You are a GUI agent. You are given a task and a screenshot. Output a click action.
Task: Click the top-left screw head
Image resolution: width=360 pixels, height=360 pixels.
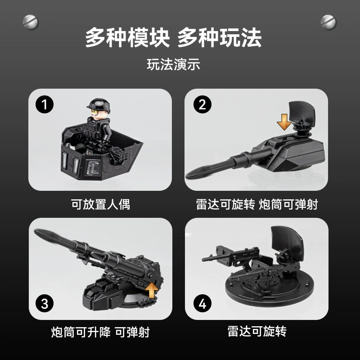coord(30,22)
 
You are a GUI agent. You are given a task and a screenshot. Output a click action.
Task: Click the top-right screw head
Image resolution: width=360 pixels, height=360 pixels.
coord(328,22)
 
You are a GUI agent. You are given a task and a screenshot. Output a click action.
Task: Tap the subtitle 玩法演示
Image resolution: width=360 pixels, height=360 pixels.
coord(173,64)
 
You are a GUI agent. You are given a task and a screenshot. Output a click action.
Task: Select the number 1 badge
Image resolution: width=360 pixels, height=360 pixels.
coord(45,104)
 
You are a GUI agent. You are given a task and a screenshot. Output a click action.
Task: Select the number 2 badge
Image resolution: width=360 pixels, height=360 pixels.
coord(202,104)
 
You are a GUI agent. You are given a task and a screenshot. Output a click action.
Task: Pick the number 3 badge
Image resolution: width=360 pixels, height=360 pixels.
coord(45,303)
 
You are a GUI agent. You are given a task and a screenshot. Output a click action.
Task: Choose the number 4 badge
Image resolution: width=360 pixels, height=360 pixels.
coord(202,303)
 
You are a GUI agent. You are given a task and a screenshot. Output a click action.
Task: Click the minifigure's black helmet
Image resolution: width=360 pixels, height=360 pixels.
coord(99,104)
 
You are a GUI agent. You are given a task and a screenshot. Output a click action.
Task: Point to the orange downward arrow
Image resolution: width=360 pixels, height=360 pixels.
coord(284,122)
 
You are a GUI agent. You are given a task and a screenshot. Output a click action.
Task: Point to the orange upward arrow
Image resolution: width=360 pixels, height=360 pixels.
coord(152,290)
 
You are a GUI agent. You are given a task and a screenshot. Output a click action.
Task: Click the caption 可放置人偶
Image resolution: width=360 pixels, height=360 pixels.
coord(100,204)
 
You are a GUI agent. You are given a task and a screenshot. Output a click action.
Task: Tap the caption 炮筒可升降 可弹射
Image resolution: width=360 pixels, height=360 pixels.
coord(100,332)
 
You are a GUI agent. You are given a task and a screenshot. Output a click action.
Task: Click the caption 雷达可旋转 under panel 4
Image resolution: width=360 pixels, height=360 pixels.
coord(257,331)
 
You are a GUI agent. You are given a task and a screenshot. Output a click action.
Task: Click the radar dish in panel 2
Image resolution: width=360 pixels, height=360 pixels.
coord(301,113)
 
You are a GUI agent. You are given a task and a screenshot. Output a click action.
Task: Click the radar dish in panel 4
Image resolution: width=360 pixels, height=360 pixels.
coord(287,240)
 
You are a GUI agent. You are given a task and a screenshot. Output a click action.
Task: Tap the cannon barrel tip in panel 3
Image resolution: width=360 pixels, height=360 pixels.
coord(36,231)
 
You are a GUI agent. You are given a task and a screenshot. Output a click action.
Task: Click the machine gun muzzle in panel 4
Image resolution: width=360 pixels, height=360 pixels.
coord(203,260)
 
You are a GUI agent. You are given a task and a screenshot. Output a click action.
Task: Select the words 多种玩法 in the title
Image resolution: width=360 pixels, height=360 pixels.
coord(220,38)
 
